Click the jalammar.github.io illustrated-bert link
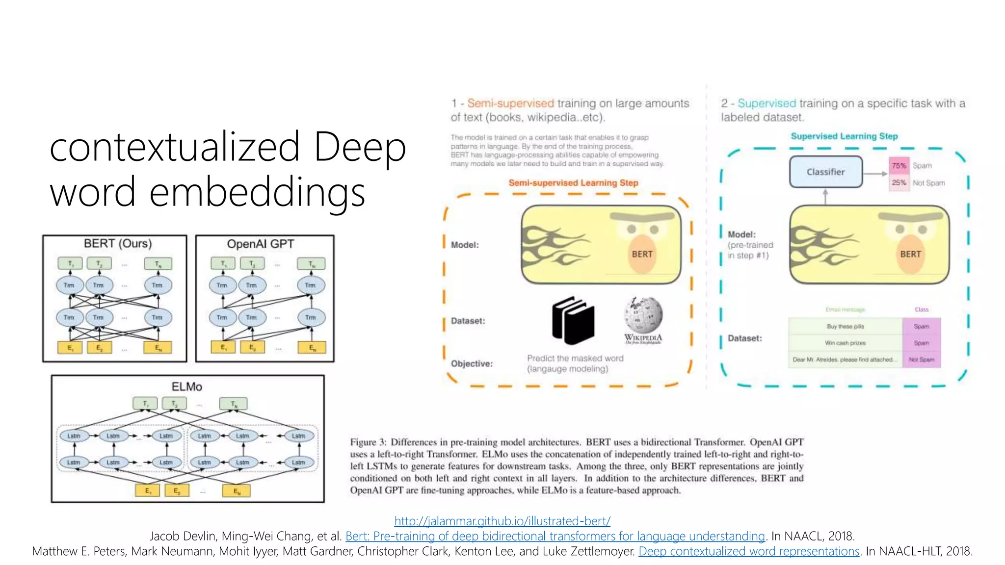pyautogui.click(x=502, y=521)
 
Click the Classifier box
pyautogui.click(x=825, y=172)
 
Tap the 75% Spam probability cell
pyautogui.click(x=899, y=166)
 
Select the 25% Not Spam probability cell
pyautogui.click(x=899, y=182)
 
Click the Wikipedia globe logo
pyautogui.click(x=643, y=315)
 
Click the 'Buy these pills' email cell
pyautogui.click(x=845, y=326)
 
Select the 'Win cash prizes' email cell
pyautogui.click(x=845, y=343)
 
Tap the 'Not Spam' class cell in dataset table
pyautogui.click(x=921, y=360)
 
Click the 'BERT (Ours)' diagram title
pyautogui.click(x=118, y=244)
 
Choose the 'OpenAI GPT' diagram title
pyautogui.click(x=260, y=244)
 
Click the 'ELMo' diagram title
pyautogui.click(x=186, y=386)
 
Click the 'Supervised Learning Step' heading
pyautogui.click(x=844, y=136)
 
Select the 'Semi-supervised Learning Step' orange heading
pyautogui.click(x=573, y=183)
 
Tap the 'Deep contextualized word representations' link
pyautogui.click(x=749, y=551)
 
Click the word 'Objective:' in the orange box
pyautogui.click(x=472, y=363)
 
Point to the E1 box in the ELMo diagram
pyautogui.click(x=147, y=490)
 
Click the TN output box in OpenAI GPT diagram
pyautogui.click(x=311, y=264)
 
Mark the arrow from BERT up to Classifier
pyautogui.click(x=825, y=197)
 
